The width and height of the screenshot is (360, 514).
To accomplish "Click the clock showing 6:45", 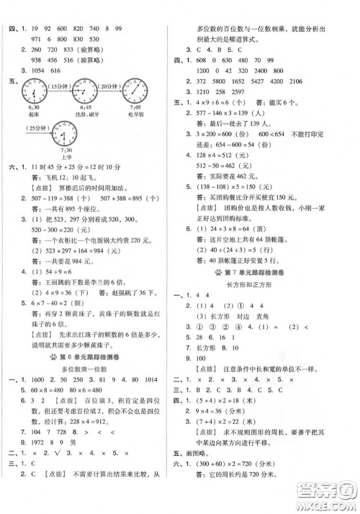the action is [x=84, y=92].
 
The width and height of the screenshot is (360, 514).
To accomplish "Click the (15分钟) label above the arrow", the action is [x=58, y=86].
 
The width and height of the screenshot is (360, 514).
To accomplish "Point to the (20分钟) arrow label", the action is [x=109, y=86].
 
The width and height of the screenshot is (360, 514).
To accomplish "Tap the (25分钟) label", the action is [x=25, y=128].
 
